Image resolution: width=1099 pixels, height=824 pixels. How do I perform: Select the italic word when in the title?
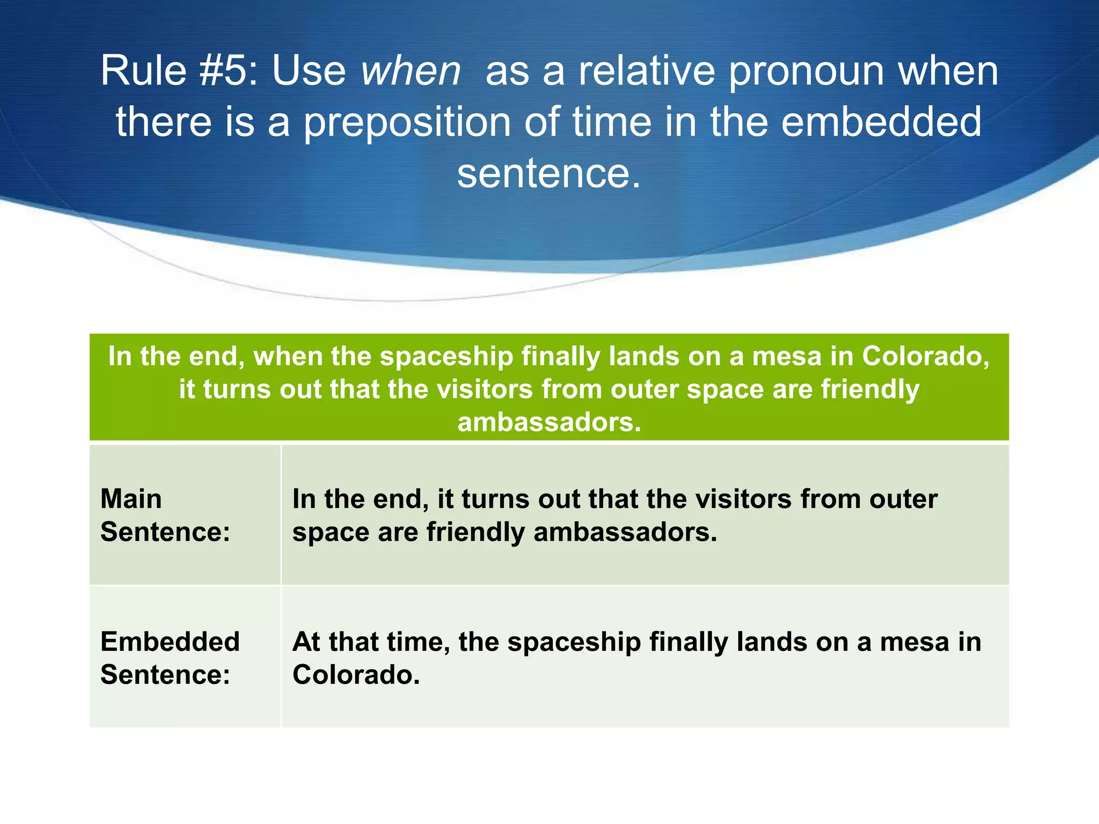point(411,71)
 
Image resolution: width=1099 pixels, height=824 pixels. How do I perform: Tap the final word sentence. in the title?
point(549,174)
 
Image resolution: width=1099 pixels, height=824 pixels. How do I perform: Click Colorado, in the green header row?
point(925,356)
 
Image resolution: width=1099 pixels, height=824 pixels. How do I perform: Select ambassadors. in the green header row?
point(549,422)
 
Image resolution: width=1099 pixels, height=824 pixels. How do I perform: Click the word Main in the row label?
point(131,499)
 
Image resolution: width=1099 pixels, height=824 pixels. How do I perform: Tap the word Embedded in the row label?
point(170,642)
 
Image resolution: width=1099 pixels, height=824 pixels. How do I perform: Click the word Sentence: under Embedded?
point(165,675)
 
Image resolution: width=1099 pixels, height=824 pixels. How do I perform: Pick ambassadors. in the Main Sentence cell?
point(625,532)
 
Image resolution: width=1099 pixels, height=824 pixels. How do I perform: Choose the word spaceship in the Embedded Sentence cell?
point(574,642)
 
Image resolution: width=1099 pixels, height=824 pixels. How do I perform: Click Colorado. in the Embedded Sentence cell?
point(356,675)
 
